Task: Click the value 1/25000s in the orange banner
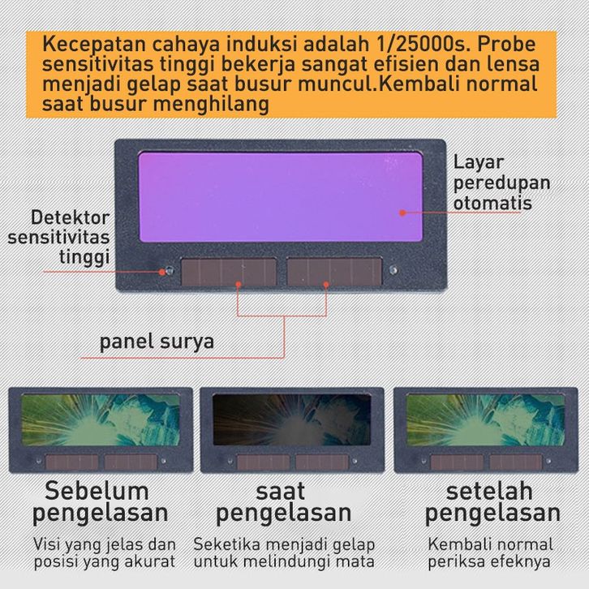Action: point(422,44)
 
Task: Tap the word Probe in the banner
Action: point(506,44)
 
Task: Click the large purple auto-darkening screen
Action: point(281,197)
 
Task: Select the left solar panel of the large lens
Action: point(229,271)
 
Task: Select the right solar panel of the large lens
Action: point(334,271)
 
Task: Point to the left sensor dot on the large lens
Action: point(170,270)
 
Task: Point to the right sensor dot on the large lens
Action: point(393,269)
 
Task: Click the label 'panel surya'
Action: point(157,342)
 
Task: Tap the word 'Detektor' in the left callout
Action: point(71,217)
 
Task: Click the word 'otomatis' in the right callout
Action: point(492,203)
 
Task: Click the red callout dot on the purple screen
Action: point(402,213)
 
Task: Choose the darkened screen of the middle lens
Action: point(292,419)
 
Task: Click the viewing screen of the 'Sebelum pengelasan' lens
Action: point(101,419)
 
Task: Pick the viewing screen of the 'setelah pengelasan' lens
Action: point(485,419)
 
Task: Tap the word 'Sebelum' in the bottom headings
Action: point(97,491)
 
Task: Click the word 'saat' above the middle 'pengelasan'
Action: point(280,492)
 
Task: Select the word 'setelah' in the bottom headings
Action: point(489,491)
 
